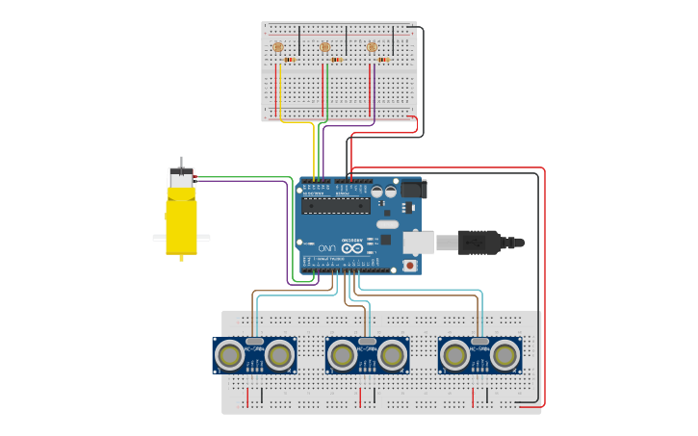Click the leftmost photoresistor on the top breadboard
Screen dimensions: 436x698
[278, 47]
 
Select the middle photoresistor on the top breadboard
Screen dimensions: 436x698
[324, 47]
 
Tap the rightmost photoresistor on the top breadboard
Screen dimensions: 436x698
[372, 47]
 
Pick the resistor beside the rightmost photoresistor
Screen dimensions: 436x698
[383, 60]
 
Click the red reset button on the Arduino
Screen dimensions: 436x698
[410, 265]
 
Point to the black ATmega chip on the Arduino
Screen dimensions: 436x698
[335, 205]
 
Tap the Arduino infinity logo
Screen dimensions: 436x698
[352, 248]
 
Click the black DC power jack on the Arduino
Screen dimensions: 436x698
[414, 189]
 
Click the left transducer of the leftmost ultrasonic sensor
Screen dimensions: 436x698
[229, 356]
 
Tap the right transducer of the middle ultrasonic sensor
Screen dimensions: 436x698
[392, 356]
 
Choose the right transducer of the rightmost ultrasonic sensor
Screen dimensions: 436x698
[504, 356]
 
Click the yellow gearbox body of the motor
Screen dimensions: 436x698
[181, 221]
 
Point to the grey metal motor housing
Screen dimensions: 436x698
[180, 178]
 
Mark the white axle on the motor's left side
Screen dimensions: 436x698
[159, 238]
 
